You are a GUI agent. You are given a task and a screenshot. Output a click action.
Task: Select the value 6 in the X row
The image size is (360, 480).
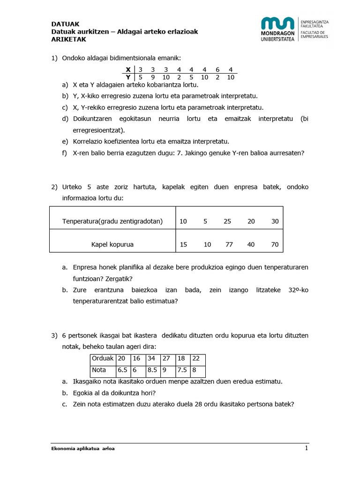coord(217,69)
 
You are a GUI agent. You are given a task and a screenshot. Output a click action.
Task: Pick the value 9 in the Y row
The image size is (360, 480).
coord(153,77)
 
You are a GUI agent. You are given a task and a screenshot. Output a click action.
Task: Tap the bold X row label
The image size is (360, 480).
coord(128,69)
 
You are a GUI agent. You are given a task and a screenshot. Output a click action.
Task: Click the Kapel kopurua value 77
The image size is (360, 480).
coord(228,244)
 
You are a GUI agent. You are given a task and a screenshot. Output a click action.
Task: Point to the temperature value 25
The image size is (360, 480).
coord(228,221)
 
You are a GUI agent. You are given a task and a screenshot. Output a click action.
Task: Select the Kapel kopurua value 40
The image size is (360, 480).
coord(251,244)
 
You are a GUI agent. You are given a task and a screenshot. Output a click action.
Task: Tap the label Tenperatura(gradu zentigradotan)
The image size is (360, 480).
coord(112,221)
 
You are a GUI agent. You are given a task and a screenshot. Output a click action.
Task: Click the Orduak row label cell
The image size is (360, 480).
coord(103,359)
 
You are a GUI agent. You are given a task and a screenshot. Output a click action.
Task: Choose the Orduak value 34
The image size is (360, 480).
coord(152,359)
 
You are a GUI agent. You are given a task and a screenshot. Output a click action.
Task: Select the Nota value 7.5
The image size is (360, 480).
coord(182,370)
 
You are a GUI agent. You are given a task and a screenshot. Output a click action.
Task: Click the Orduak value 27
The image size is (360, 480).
coord(167,359)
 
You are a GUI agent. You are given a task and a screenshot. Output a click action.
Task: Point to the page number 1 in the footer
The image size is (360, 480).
coord(306,449)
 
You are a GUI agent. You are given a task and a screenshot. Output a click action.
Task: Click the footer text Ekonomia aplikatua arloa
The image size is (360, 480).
coord(82,449)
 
